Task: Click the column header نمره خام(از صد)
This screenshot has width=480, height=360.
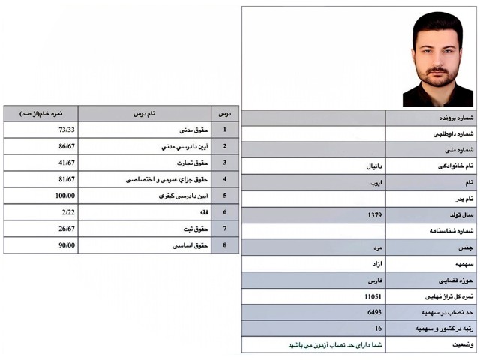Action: click(42, 113)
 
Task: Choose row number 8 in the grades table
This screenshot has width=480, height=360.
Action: click(224, 245)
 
